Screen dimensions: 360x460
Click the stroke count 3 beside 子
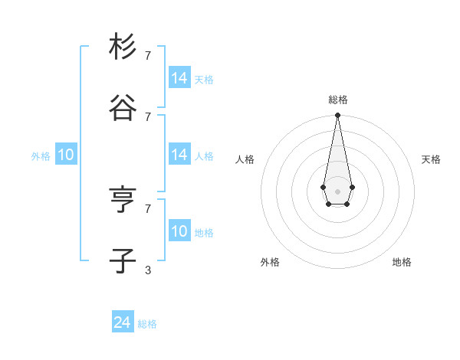[148, 270]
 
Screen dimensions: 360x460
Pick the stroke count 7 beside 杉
[148, 55]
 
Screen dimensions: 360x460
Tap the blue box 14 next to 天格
[179, 78]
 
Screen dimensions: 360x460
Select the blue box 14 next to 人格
[179, 155]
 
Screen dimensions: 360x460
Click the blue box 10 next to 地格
[179, 231]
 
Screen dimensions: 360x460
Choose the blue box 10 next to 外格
[66, 155]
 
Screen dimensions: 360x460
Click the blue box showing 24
[123, 322]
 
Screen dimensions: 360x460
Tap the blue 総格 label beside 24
[147, 324]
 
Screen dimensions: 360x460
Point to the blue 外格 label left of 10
[41, 156]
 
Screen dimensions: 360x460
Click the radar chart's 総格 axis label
[337, 100]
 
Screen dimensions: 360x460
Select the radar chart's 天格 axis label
[431, 159]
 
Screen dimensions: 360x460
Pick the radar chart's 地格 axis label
[402, 262]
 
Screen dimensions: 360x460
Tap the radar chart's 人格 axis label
[245, 159]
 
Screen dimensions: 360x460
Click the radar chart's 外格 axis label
[270, 262]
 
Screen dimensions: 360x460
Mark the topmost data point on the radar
[337, 116]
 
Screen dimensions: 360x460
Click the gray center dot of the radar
[337, 190]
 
